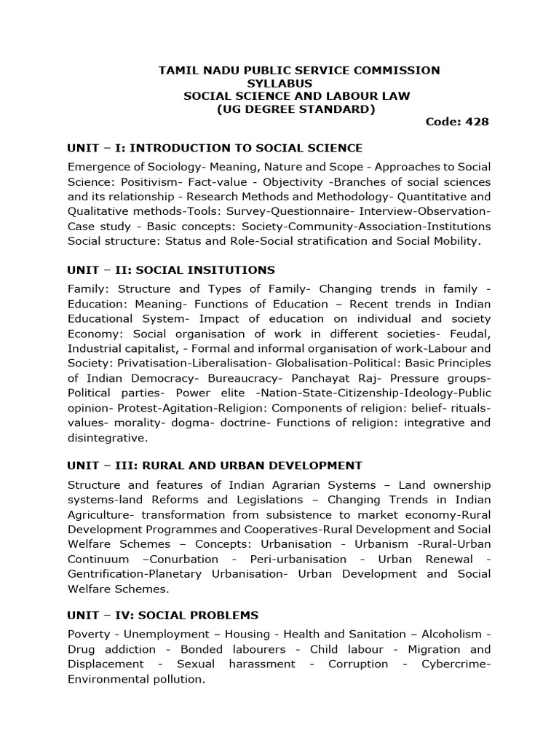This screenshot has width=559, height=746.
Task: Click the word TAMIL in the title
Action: (x=178, y=71)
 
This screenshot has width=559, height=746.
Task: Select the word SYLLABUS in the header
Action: (x=279, y=84)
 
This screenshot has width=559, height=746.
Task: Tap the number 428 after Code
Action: (x=476, y=122)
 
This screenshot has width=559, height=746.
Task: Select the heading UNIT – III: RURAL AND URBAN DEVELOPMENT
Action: (x=214, y=465)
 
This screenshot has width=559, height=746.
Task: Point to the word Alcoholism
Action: (x=457, y=634)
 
